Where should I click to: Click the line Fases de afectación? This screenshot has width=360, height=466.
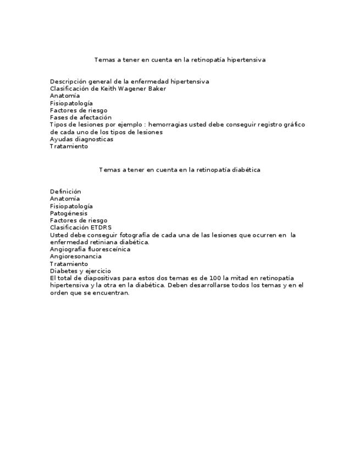tap(80, 118)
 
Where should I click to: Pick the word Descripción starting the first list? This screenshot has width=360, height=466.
tap(67, 81)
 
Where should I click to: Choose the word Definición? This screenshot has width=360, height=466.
tap(65, 191)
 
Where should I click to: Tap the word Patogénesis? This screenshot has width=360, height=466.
tap(68, 213)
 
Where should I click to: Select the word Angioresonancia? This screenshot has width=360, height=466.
tap(75, 257)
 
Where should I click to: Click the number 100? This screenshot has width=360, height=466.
tap(215, 278)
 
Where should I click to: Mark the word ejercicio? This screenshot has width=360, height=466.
tap(98, 271)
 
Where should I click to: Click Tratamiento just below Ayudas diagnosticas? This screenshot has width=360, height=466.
tap(69, 147)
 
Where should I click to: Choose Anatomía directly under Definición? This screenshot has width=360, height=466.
tap(65, 198)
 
